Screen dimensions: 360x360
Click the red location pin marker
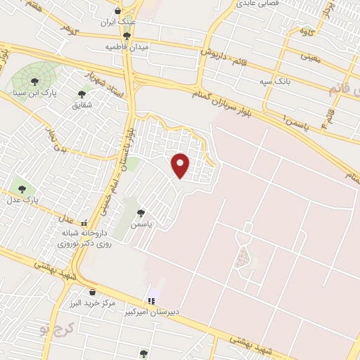point(181,165)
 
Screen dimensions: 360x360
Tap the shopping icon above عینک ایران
point(117,11)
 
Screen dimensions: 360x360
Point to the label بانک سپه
point(275,82)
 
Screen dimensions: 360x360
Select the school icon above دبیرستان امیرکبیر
point(150,300)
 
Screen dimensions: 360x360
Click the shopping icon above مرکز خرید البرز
point(91,292)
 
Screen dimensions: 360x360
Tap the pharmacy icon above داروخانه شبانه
point(85,223)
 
